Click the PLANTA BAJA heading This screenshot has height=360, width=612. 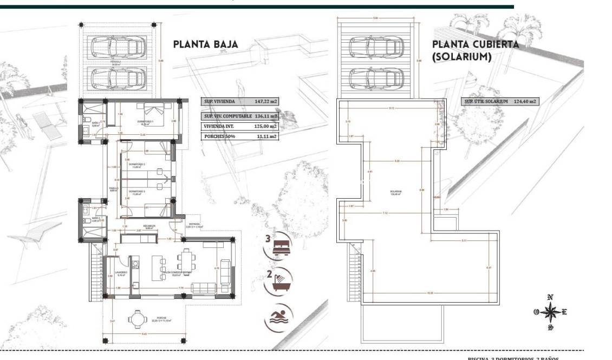pyautogui.click(x=205, y=44)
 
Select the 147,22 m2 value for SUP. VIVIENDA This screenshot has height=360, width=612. pyautogui.click(x=265, y=101)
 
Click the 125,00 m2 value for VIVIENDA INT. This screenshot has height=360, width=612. pyautogui.click(x=265, y=126)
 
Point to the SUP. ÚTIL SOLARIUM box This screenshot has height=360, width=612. pyautogui.click(x=500, y=101)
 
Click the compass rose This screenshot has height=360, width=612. pyautogui.click(x=550, y=312)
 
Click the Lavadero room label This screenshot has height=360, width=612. pyautogui.click(x=120, y=273)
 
